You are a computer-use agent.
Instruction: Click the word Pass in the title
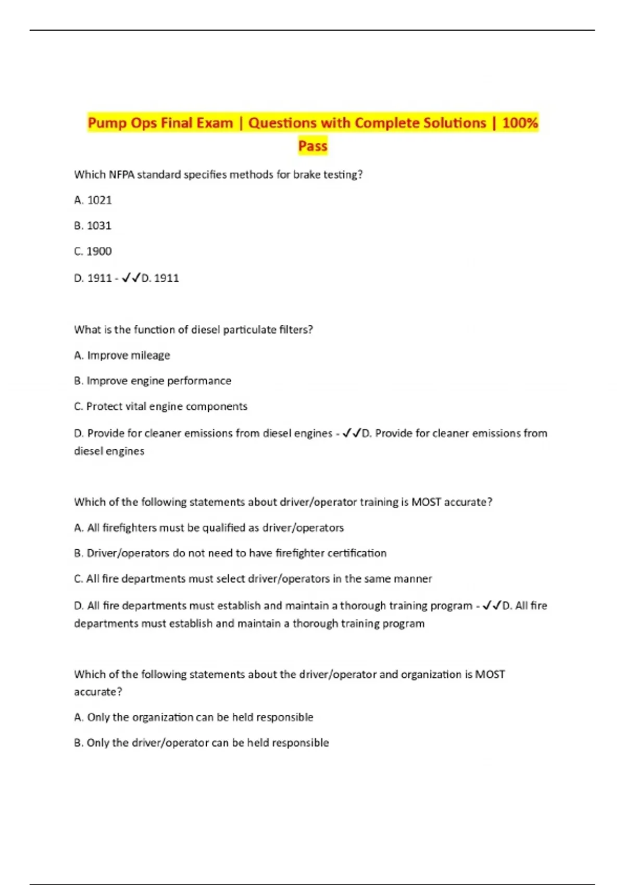pyautogui.click(x=312, y=146)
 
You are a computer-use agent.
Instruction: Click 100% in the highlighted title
pyautogui.click(x=520, y=123)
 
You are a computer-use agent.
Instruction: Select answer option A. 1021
pyautogui.click(x=93, y=200)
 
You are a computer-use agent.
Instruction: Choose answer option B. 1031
pyautogui.click(x=93, y=225)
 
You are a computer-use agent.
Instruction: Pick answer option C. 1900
pyautogui.click(x=93, y=251)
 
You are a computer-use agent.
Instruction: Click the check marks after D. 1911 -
pyautogui.click(x=131, y=278)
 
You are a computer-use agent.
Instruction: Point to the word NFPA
pyautogui.click(x=121, y=174)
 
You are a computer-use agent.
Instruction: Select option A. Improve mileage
pyautogui.click(x=122, y=355)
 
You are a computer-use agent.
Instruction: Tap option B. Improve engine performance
pyautogui.click(x=153, y=381)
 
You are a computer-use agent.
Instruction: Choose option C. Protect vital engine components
pyautogui.click(x=160, y=406)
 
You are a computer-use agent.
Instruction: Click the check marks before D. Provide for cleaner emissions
pyautogui.click(x=352, y=433)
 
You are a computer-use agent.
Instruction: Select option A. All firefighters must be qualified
pyautogui.click(x=209, y=527)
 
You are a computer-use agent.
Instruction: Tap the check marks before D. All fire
pyautogui.click(x=492, y=605)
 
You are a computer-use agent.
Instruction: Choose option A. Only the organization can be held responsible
pyautogui.click(x=194, y=717)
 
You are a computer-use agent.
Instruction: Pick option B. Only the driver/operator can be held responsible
pyautogui.click(x=202, y=742)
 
